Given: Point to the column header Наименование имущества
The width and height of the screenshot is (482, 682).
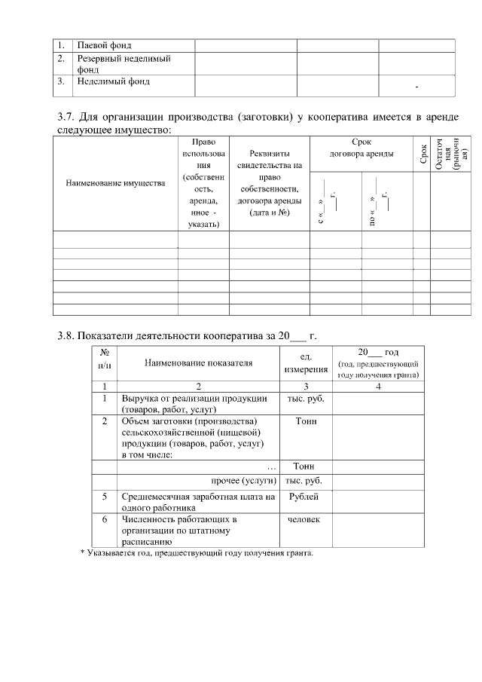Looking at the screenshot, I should click(115, 182).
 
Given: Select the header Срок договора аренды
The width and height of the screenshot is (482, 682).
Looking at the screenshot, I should click(361, 147).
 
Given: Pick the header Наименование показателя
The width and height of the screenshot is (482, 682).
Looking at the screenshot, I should click(198, 362).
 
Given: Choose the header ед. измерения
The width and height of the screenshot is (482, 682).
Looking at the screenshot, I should click(306, 362).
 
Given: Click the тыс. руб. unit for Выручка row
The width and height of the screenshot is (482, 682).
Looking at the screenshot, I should click(306, 398).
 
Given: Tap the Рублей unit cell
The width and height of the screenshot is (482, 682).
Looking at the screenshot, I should click(304, 497).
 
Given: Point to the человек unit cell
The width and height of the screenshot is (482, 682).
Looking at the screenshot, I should click(304, 519).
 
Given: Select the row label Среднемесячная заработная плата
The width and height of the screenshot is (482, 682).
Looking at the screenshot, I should click(194, 502).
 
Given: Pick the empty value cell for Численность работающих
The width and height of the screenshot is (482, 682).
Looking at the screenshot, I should click(377, 530).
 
